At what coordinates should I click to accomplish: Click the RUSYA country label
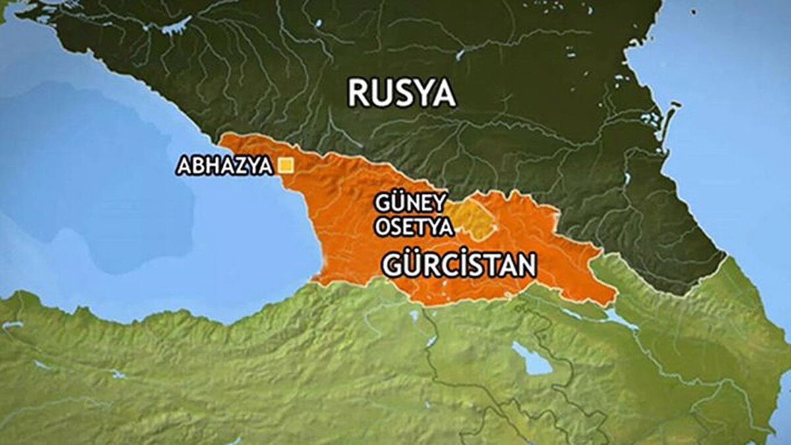click(401, 94)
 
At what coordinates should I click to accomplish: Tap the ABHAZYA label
click(224, 166)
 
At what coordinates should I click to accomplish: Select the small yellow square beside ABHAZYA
click(285, 165)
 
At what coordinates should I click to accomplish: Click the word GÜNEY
click(411, 202)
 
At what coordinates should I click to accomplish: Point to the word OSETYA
click(414, 227)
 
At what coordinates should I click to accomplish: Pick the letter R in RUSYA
click(358, 94)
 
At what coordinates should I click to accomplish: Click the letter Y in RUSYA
click(421, 94)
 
